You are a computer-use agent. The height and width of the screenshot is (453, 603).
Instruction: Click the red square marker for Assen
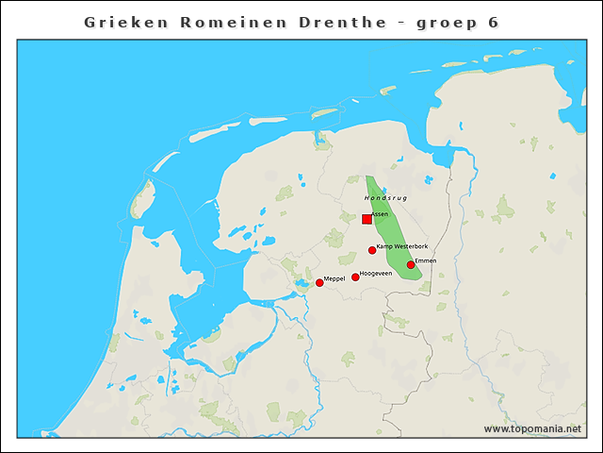367,219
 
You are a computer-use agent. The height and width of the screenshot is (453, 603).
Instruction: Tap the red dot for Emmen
411,265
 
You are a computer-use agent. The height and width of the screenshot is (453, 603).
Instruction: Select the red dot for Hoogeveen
355,277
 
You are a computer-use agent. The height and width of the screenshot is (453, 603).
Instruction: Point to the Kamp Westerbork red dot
372,250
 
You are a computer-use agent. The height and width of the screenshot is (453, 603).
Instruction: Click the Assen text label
380,215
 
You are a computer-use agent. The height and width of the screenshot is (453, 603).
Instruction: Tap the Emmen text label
425,260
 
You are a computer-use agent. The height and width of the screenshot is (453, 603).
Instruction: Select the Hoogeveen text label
376,274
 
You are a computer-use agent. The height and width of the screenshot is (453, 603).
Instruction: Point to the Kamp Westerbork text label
402,246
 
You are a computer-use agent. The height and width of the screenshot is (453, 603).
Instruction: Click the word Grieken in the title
123,21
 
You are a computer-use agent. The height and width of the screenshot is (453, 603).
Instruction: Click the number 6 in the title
493,21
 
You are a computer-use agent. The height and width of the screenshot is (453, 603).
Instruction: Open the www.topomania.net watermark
532,428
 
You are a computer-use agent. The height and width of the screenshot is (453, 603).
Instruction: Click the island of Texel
144,198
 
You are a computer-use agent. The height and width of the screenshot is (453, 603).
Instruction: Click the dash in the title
402,22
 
